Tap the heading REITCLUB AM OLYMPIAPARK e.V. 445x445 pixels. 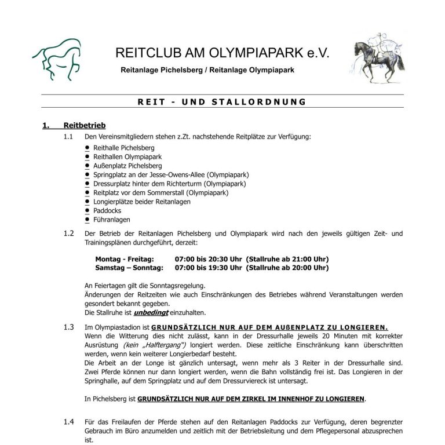222,53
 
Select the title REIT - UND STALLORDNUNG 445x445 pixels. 222,102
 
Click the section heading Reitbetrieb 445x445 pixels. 85,125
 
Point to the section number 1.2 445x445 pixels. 69,234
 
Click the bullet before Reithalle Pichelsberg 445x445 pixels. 87,148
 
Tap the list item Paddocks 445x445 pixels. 107,211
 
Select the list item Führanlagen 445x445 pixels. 112,220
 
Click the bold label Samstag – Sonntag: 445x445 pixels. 129,268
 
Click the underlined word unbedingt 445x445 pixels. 148,312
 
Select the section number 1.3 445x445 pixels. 69,327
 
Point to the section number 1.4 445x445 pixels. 69,421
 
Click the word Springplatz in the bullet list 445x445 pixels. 112,174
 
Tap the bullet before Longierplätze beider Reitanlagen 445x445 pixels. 87,202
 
